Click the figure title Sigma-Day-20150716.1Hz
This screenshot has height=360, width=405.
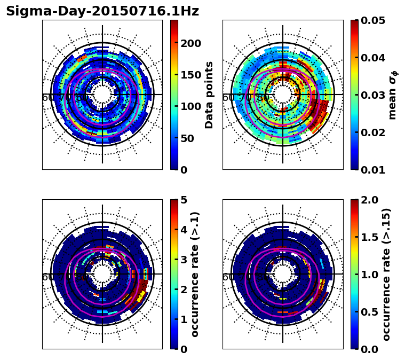point(102,11)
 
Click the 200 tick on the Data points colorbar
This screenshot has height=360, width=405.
point(190,43)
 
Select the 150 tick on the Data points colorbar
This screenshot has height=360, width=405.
point(190,75)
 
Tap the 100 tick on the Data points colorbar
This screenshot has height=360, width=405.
point(190,106)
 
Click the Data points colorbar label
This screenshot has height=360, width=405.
point(209,95)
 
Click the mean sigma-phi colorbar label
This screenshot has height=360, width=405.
point(393,95)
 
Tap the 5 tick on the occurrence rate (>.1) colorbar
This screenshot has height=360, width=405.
point(184,200)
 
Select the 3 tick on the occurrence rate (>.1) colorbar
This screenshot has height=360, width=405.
point(184,260)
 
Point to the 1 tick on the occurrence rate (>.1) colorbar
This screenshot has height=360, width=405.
point(184,319)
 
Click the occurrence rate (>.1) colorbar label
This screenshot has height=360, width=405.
point(195,274)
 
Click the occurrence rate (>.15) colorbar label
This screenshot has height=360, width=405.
point(386,274)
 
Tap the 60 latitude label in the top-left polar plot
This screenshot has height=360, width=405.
point(47,98)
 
